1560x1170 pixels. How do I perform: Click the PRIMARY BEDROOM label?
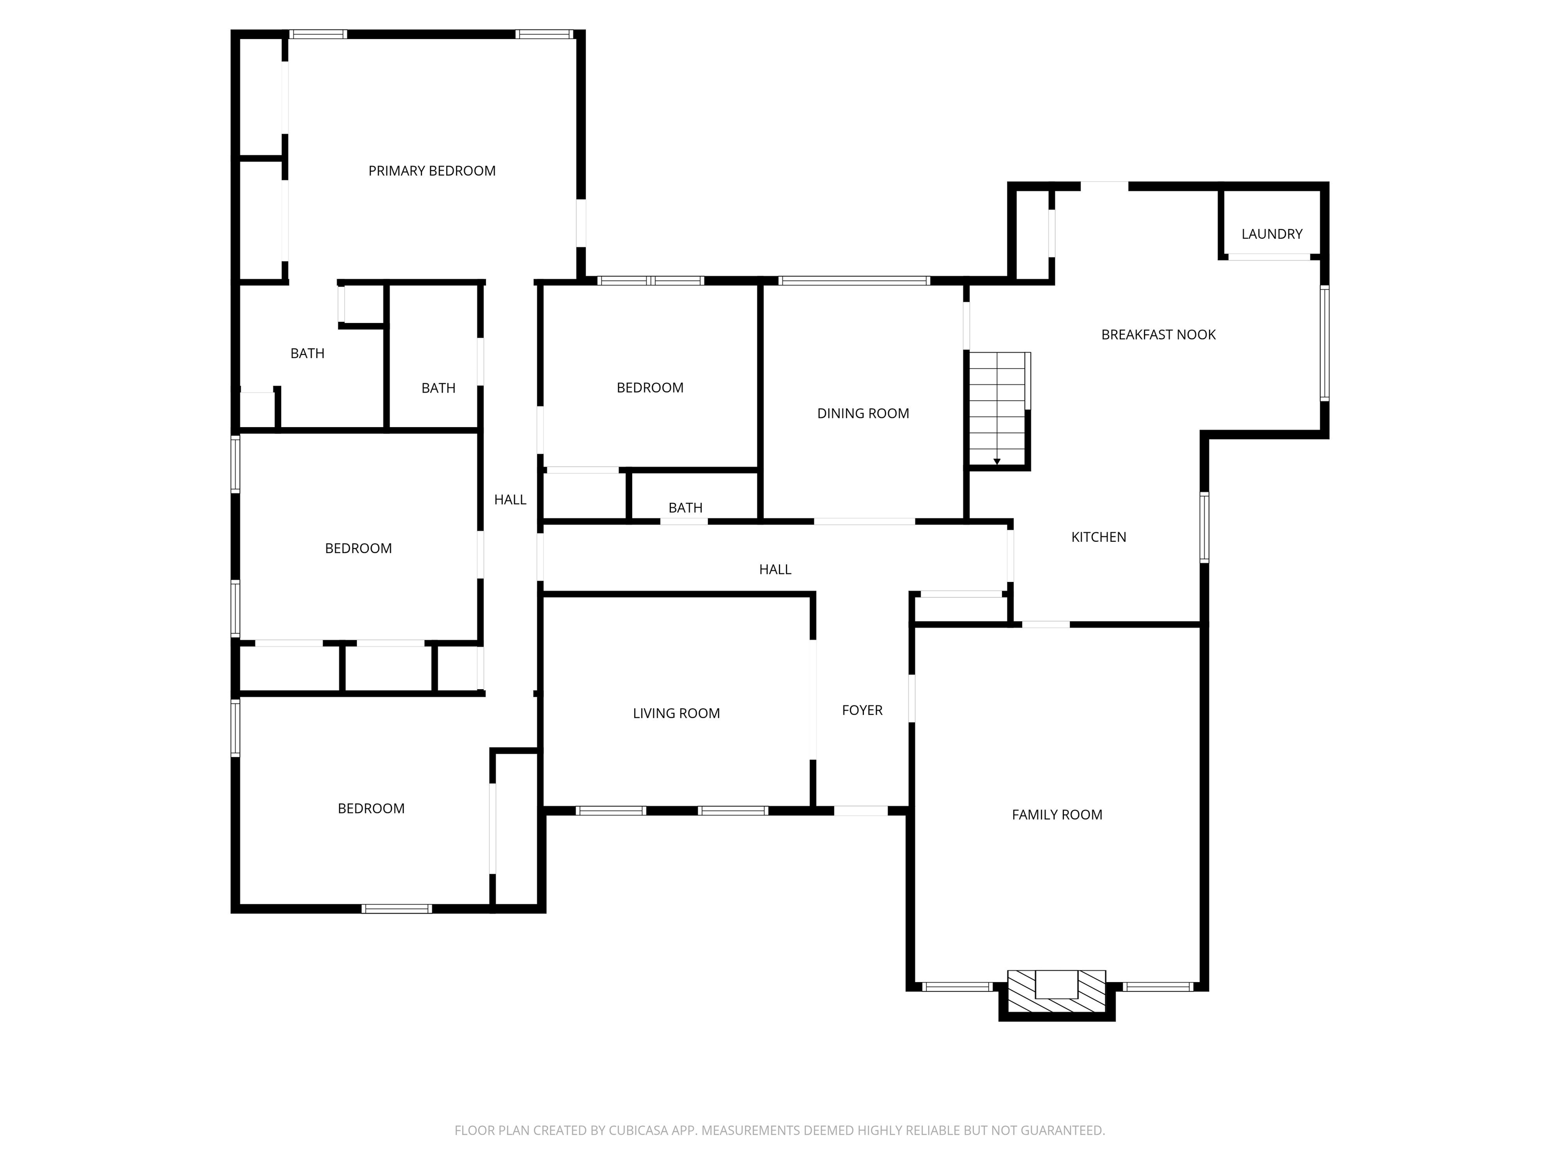coord(432,171)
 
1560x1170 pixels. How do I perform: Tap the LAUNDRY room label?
coord(1272,234)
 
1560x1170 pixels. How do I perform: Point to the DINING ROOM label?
coord(862,414)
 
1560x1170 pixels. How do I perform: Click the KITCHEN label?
coord(1098,537)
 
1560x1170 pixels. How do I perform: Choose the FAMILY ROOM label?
coord(1056,815)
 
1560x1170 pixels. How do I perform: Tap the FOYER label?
coord(862,711)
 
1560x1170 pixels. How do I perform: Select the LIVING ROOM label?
coord(675,713)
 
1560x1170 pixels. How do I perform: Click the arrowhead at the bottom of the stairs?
coord(996,462)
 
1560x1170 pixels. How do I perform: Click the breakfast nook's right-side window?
coord(1324,343)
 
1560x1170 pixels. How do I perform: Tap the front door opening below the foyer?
coord(860,811)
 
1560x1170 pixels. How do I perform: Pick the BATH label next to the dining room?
coord(685,508)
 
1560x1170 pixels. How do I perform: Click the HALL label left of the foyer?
coord(774,570)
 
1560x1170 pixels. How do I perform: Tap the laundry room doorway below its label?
coord(1269,257)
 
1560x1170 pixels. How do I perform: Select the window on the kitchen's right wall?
coord(1204,528)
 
